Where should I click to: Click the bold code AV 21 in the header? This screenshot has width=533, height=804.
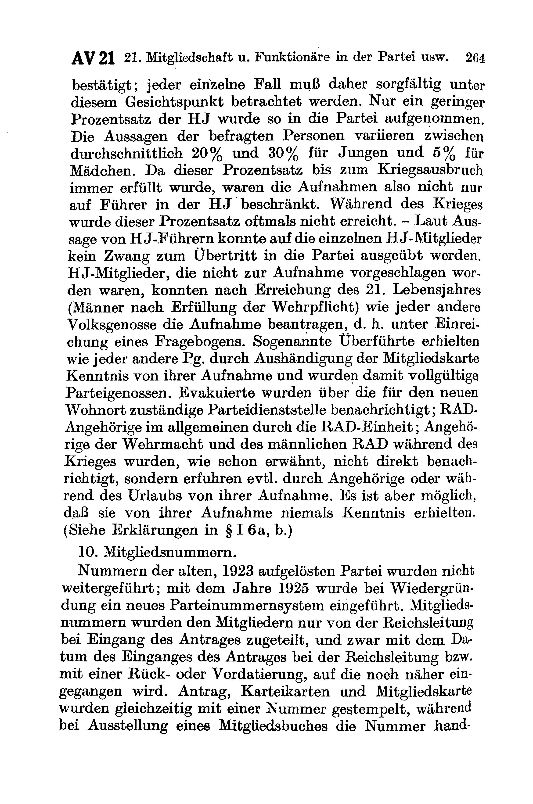pos(93,58)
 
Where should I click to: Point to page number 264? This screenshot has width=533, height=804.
pos(475,58)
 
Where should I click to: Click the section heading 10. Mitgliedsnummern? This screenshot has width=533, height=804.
pos(157,552)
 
